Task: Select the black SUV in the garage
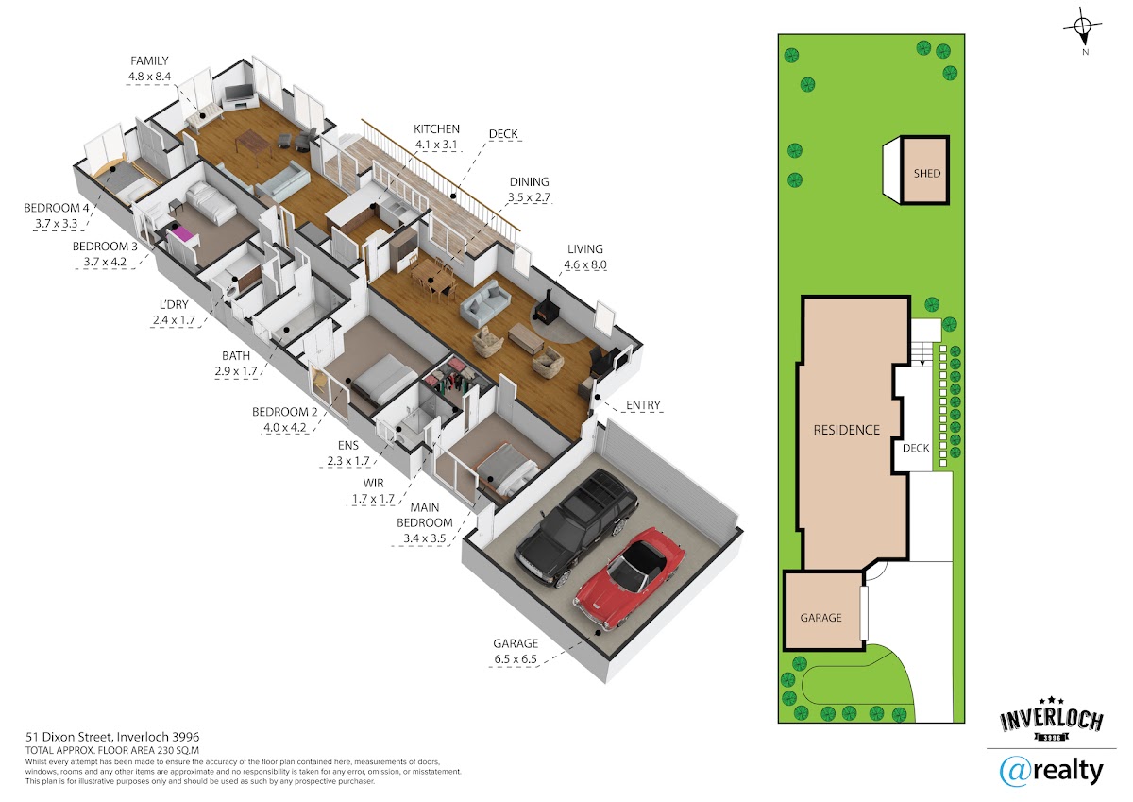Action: coord(576,528)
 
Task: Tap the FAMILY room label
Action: coord(149,61)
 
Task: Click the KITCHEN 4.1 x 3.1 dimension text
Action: coord(436,145)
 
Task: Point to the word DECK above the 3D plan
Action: coord(503,134)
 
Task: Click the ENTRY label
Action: coord(643,405)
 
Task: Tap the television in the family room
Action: coord(238,93)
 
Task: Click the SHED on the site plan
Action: coord(926,170)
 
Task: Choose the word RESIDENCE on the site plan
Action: coord(846,430)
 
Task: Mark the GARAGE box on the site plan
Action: coord(823,610)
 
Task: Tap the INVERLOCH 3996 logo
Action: coord(1052,719)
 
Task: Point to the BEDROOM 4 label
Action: coord(56,208)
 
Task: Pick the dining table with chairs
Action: coord(433,278)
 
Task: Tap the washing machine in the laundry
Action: coord(231,293)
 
